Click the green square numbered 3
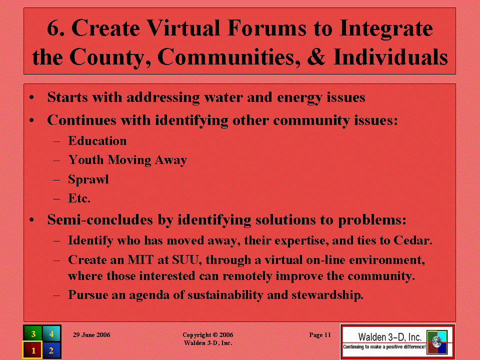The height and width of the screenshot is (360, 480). click(33, 333)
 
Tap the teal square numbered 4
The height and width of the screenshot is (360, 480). click(51, 333)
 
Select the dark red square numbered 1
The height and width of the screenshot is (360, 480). click(32, 350)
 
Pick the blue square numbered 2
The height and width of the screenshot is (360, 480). click(51, 350)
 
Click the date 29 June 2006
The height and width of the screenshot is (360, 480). click(91, 335)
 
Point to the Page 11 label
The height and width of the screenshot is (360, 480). click(320, 335)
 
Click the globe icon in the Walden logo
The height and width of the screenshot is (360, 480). click(437, 341)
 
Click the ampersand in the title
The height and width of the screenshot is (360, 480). click(316, 57)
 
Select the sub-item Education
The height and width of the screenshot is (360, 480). click(97, 141)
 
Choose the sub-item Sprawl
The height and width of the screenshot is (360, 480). click(88, 179)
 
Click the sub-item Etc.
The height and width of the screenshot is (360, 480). click(79, 198)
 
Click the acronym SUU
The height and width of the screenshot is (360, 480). click(186, 260)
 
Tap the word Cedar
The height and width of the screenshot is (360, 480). click(413, 240)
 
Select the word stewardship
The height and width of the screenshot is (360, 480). click(327, 295)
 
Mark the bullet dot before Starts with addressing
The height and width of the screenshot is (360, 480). click(31, 98)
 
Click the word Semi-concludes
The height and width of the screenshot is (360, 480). click(100, 220)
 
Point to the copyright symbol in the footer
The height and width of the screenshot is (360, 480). click(215, 335)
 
